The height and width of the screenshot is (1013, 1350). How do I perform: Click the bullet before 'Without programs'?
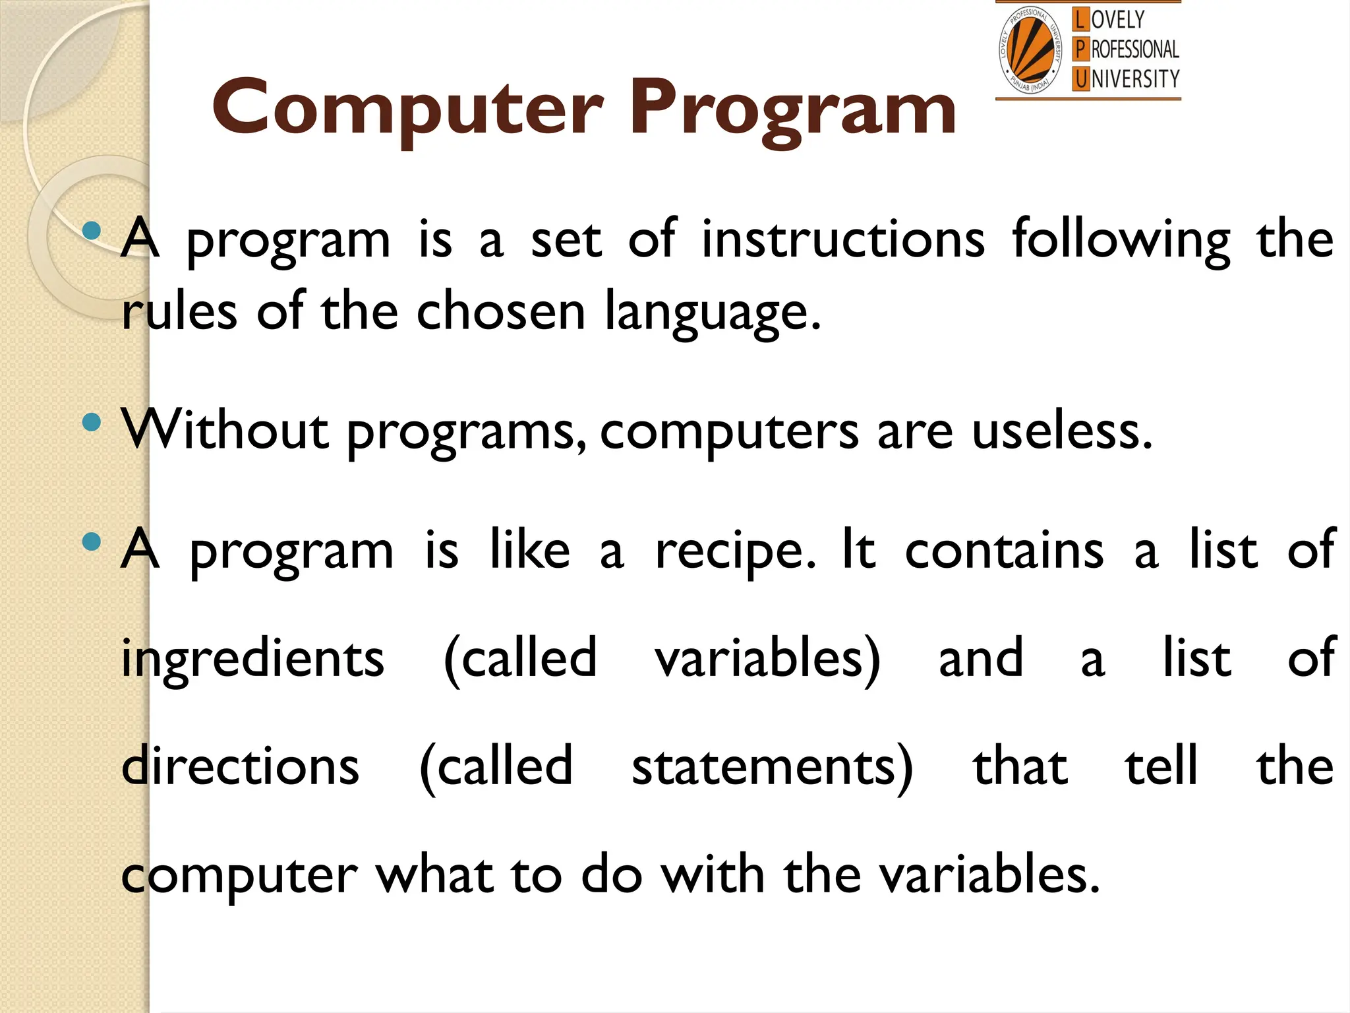tap(92, 422)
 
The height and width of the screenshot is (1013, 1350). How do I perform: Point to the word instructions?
tap(842, 239)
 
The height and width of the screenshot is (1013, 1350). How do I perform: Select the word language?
tap(713, 313)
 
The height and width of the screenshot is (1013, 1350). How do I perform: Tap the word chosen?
tap(501, 311)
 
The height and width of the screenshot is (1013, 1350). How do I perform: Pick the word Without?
tap(225, 430)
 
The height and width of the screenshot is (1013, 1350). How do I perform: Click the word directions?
tap(241, 766)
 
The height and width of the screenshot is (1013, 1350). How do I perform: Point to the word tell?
tap(1161, 766)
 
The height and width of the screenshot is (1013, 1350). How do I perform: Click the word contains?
tap(1004, 551)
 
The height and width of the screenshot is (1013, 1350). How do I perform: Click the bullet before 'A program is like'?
tap(92, 542)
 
